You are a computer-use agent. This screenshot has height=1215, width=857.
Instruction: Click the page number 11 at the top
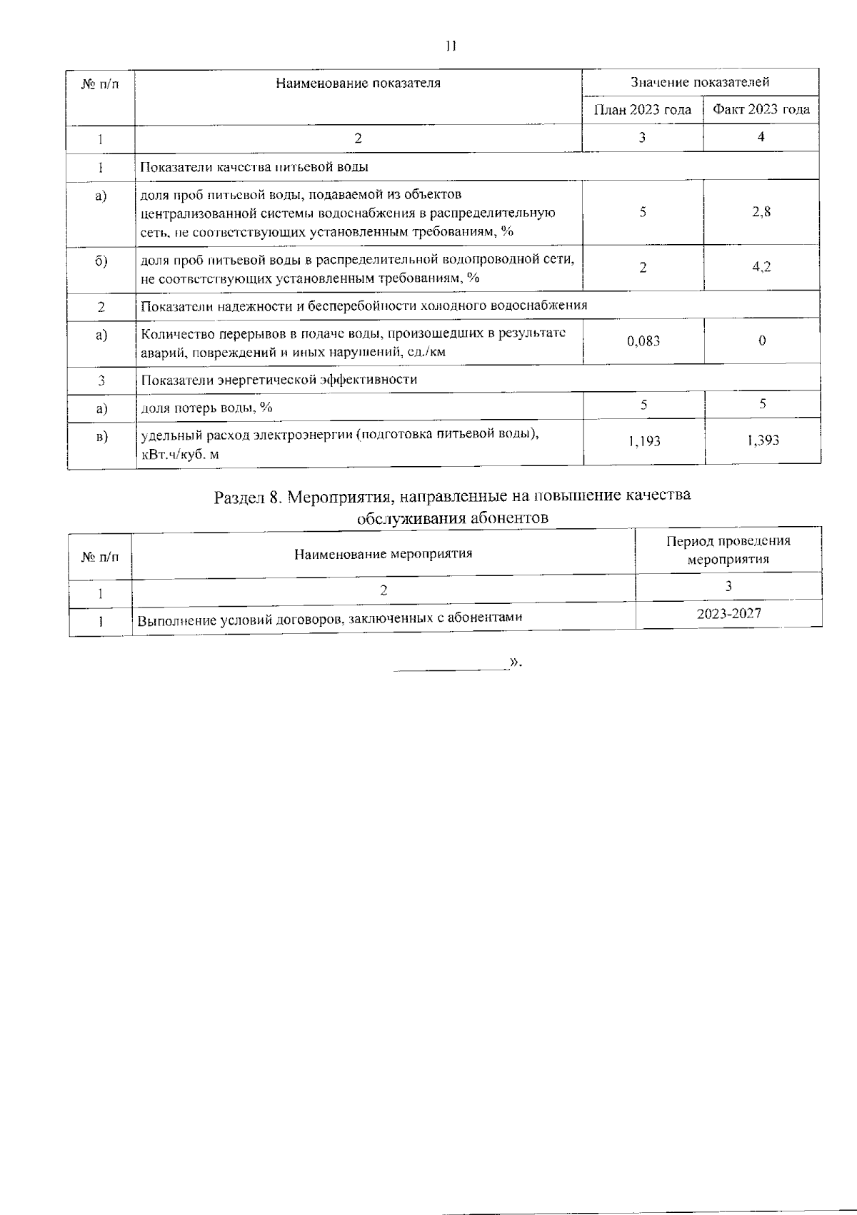pos(450,46)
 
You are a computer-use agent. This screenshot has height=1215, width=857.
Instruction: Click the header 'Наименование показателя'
pos(358,83)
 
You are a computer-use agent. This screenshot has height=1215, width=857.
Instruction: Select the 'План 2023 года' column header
pos(643,110)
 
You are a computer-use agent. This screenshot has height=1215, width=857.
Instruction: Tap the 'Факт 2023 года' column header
pos(761,110)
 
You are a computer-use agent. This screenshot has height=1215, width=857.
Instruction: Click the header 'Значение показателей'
pos(700,82)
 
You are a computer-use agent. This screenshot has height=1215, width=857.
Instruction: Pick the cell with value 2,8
pos(761,212)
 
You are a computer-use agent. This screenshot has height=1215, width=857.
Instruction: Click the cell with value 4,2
pos(761,267)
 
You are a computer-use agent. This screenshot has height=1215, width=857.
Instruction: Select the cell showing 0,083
pos(643,341)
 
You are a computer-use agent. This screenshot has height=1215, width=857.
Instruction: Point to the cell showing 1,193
pos(644,441)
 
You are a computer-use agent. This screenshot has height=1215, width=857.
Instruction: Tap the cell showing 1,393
pos(763,440)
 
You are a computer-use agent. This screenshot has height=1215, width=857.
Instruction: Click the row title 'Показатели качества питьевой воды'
pos(254,167)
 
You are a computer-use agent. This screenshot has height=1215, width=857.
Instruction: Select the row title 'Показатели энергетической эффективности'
pos(279,379)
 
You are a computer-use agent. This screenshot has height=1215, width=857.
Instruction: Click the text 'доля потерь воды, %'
pos(206,408)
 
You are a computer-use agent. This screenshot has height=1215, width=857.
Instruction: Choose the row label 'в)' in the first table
pos(101,436)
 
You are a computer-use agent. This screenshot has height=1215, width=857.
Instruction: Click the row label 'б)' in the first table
pos(101,261)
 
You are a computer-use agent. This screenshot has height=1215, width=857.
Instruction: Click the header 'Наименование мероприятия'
pos(384,553)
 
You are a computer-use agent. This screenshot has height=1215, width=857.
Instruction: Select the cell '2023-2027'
pos(728,613)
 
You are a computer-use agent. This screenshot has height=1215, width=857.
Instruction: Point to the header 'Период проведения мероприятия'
pos(728,550)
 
